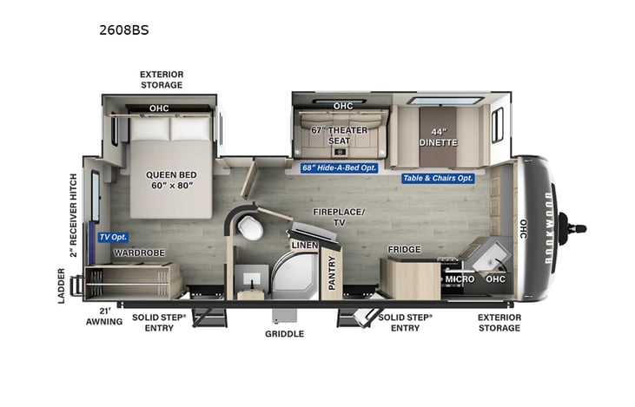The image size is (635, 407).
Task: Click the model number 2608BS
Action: pyautogui.click(x=124, y=29)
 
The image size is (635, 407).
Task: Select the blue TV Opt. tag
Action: pyautogui.click(x=112, y=237)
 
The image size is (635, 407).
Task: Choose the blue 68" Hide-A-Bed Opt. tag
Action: pyautogui.click(x=339, y=167)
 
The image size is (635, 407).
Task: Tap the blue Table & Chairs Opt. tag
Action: pyautogui.click(x=438, y=178)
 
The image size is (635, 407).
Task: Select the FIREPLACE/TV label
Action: pyautogui.click(x=340, y=217)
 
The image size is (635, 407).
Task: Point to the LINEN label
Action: pyautogui.click(x=305, y=246)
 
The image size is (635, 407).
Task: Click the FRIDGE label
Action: pyautogui.click(x=404, y=250)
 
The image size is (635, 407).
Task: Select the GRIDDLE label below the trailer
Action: pyautogui.click(x=284, y=333)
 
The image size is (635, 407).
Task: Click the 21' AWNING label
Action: pyautogui.click(x=104, y=316)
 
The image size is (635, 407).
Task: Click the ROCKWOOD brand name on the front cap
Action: pyautogui.click(x=542, y=229)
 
